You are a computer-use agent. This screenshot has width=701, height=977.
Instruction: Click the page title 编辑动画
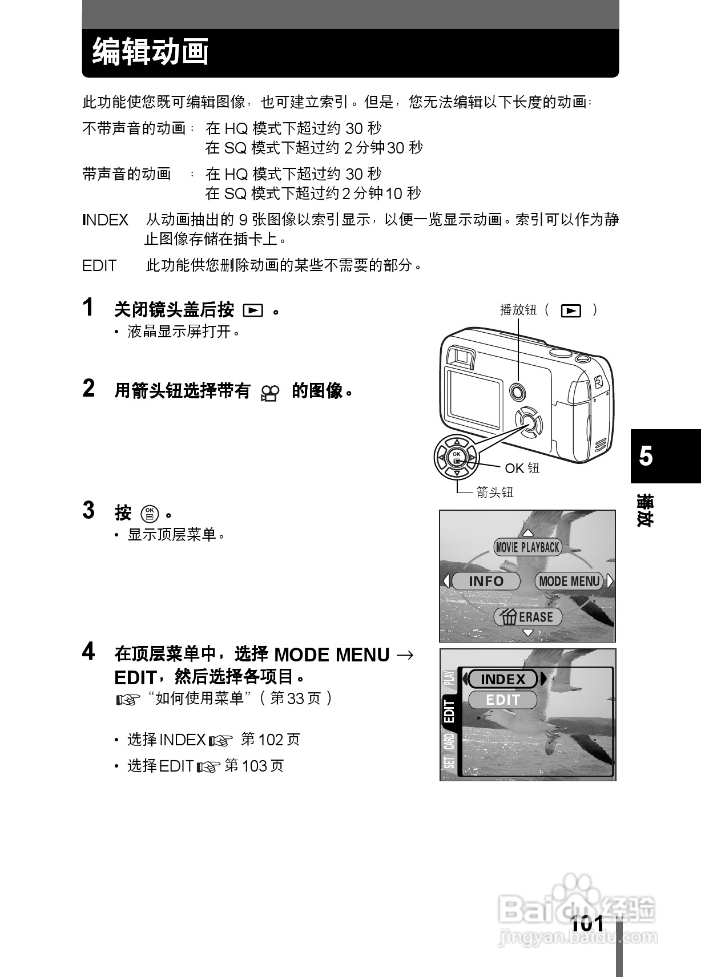tap(151, 52)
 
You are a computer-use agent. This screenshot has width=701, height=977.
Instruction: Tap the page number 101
tap(587, 923)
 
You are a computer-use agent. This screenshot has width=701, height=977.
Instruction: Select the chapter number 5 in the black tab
tap(646, 457)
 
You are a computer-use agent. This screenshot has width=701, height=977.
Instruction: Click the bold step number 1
tap(88, 308)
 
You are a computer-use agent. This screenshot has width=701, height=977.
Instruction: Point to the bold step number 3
tap(88, 510)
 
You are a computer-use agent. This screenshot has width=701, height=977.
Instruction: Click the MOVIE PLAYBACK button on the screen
tap(527, 547)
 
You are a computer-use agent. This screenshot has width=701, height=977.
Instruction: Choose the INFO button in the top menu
tap(486, 582)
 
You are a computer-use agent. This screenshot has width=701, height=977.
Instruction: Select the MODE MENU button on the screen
tap(569, 582)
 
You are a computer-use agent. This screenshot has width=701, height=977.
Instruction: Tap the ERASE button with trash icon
tap(527, 617)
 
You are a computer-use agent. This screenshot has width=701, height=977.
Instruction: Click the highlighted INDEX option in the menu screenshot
tap(503, 679)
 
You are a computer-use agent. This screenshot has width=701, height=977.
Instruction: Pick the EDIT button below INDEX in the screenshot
tap(503, 700)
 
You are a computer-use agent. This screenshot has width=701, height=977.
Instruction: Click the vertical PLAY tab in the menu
tap(449, 677)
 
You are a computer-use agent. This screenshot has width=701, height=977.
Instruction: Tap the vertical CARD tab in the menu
tap(449, 741)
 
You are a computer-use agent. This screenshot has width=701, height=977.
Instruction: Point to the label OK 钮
tap(522, 469)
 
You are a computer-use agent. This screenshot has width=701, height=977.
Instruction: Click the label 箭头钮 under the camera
tap(495, 492)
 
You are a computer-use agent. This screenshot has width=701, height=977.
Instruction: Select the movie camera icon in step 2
tap(270, 392)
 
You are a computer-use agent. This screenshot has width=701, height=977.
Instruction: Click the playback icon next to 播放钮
tap(571, 310)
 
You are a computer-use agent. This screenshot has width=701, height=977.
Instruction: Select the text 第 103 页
tap(254, 766)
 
